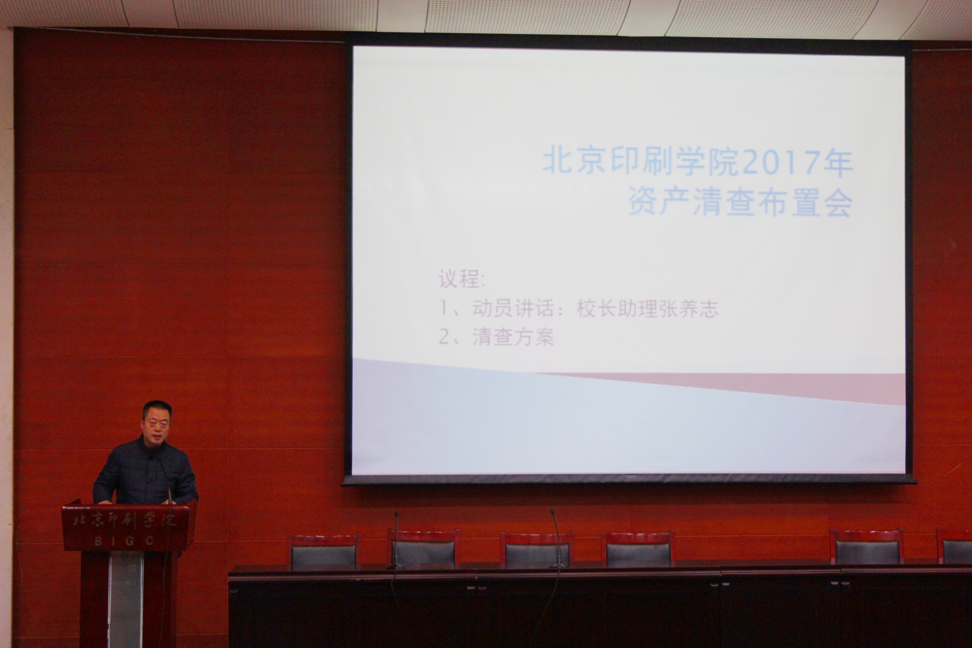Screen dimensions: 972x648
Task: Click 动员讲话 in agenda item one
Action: tap(513, 308)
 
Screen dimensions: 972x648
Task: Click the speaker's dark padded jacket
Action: tap(145, 473)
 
